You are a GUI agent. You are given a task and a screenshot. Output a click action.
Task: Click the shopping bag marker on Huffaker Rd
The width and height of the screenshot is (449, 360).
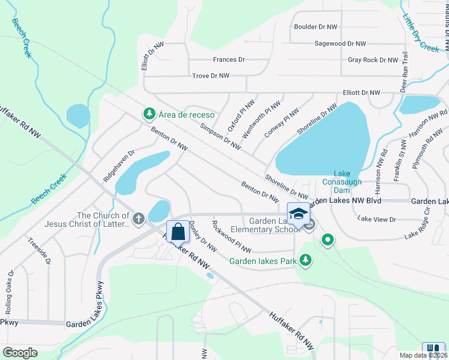pyautogui.click(x=178, y=231)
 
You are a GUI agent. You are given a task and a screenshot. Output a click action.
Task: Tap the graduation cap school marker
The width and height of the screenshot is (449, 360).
pyautogui.click(x=298, y=214)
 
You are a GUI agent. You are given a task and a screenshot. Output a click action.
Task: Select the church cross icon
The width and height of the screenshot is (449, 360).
pyautogui.click(x=139, y=219)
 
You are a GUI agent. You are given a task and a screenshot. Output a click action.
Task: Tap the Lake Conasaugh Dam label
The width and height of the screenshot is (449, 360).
pyautogui.click(x=340, y=181)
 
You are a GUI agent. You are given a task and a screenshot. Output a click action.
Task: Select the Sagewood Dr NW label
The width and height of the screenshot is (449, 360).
pyautogui.click(x=340, y=44)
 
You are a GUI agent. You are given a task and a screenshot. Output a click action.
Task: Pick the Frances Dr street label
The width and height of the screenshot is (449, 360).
pyautogui.click(x=229, y=60)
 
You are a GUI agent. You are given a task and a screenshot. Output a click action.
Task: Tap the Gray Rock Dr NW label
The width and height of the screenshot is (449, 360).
pyautogui.click(x=373, y=60)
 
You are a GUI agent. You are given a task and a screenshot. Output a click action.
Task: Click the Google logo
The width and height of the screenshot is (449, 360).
pyautogui.click(x=20, y=352)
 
